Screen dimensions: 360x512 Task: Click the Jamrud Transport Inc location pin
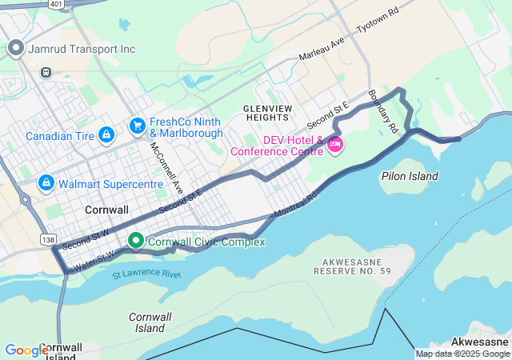(15, 49)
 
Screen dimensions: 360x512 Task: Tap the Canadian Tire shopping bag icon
(106, 136)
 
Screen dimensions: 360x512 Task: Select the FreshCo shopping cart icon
(137, 126)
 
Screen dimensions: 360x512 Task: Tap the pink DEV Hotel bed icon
(334, 145)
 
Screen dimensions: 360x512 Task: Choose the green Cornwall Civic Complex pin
(136, 240)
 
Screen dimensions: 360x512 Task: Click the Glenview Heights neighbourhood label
(267, 112)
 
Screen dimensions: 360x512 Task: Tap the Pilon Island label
(410, 176)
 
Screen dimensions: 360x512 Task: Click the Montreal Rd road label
(296, 205)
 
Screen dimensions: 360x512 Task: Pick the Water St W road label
(93, 259)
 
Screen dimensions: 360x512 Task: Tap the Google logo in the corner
(26, 350)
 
